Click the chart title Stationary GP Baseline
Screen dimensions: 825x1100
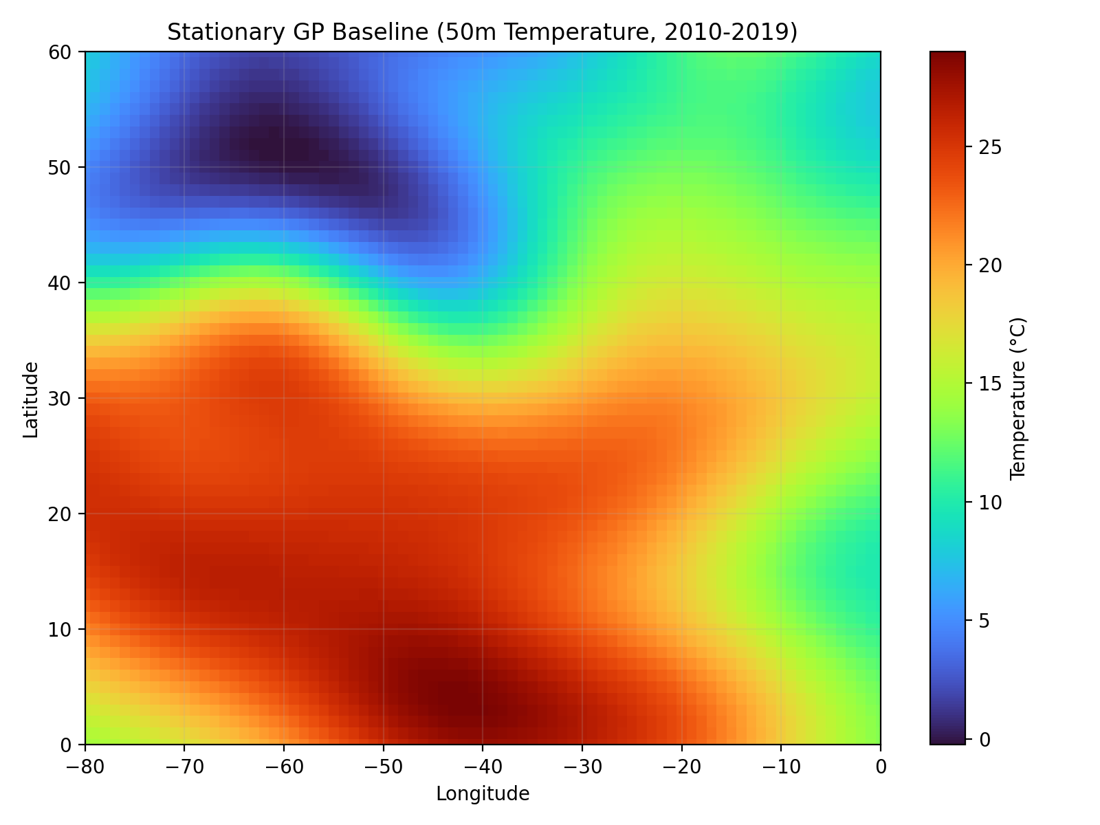pos(482,32)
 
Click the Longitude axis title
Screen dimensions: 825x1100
pos(482,794)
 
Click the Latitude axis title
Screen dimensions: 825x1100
pos(30,399)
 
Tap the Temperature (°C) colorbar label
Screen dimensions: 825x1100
pos(1018,398)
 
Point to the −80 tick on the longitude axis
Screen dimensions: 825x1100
pos(85,766)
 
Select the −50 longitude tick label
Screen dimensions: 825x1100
pos(383,766)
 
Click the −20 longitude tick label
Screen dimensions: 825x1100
pos(681,766)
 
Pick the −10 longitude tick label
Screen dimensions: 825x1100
pos(781,766)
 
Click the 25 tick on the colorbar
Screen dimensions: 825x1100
pos(982,147)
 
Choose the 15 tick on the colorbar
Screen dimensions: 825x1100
pos(982,384)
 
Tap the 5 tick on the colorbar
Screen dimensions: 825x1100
pos(978,621)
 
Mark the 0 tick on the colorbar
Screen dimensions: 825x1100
pos(978,739)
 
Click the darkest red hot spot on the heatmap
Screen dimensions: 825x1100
pos(457,701)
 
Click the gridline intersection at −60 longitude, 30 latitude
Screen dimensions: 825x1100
pos(284,398)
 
